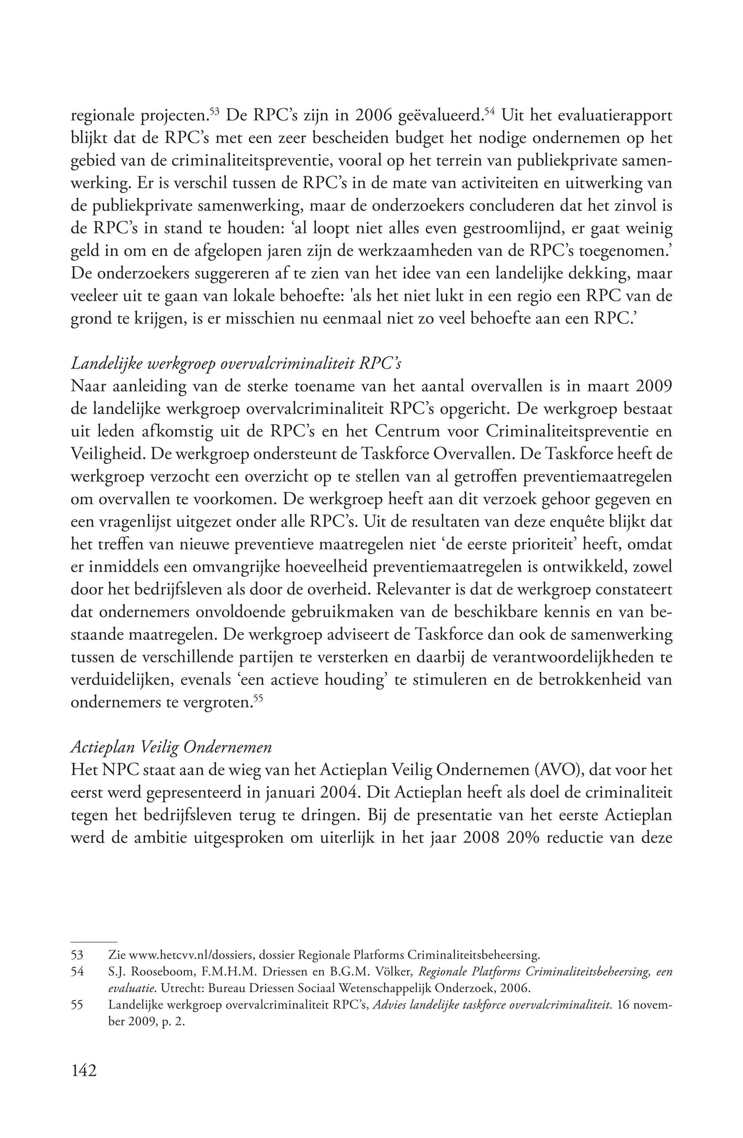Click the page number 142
[84, 1070]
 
